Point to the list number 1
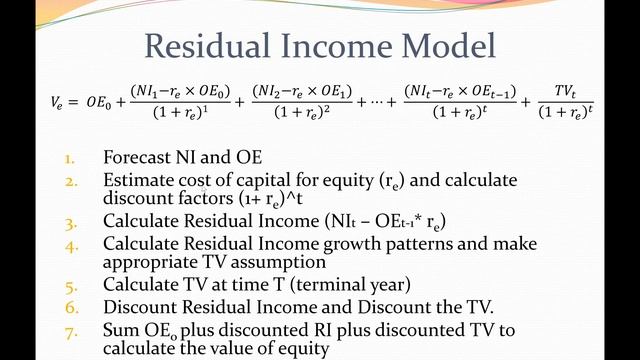tap(70, 158)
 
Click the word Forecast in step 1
tap(136, 158)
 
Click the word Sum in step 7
tap(119, 329)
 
